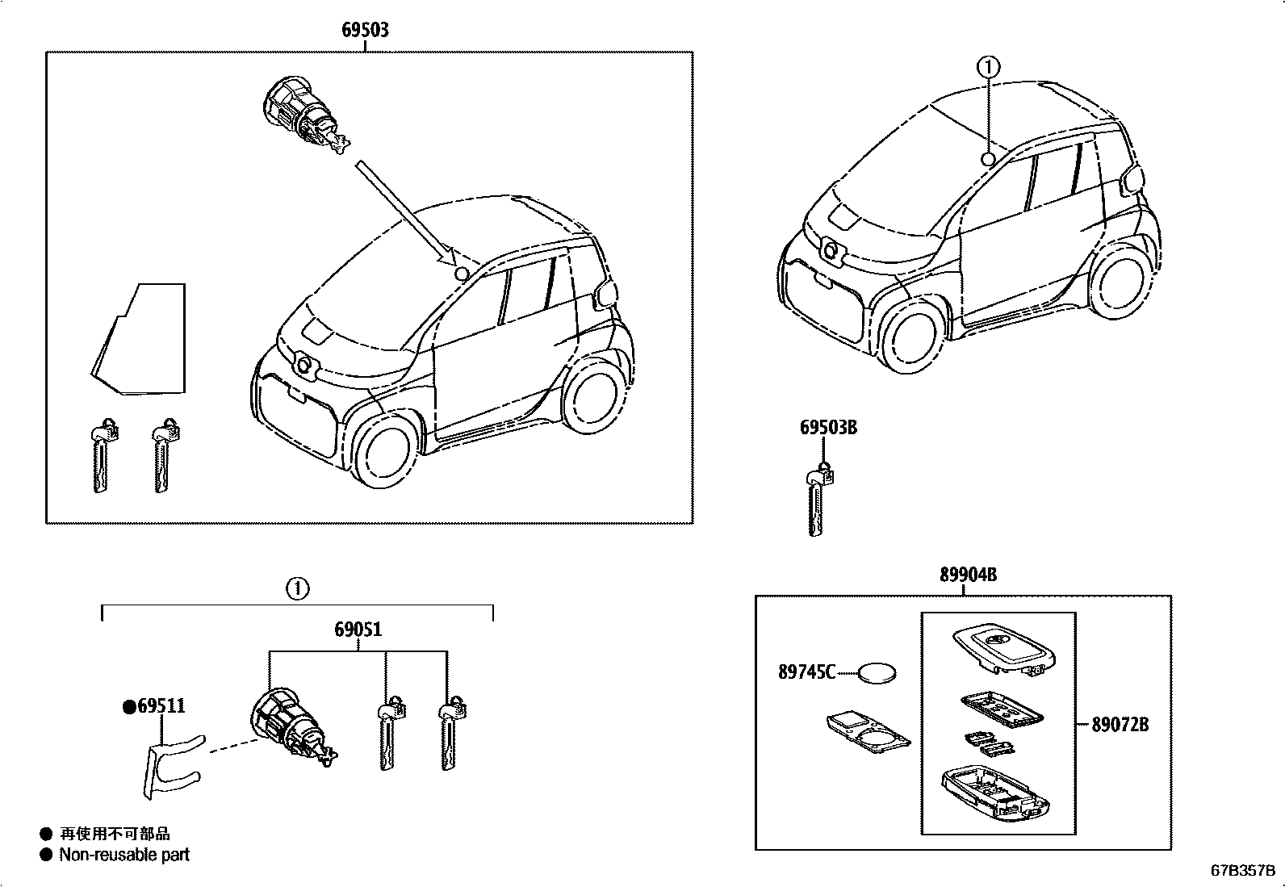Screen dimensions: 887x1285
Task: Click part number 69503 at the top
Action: pyautogui.click(x=365, y=30)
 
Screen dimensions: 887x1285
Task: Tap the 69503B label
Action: pyautogui.click(x=828, y=427)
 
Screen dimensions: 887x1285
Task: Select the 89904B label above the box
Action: pyautogui.click(x=967, y=575)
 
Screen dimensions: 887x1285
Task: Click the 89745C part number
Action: pyautogui.click(x=806, y=672)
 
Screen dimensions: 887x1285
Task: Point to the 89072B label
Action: pyautogui.click(x=1120, y=724)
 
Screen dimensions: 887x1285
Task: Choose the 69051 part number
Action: pyautogui.click(x=358, y=630)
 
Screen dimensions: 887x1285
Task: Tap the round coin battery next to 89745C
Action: pyautogui.click(x=878, y=672)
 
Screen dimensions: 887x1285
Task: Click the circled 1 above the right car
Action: pyautogui.click(x=988, y=67)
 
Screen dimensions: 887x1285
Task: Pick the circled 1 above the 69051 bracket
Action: pyautogui.click(x=297, y=589)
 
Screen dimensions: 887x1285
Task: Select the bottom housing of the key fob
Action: pyautogui.click(x=996, y=795)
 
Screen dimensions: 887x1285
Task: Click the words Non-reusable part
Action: pyautogui.click(x=123, y=855)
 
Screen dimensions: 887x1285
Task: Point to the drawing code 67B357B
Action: pyautogui.click(x=1241, y=871)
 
